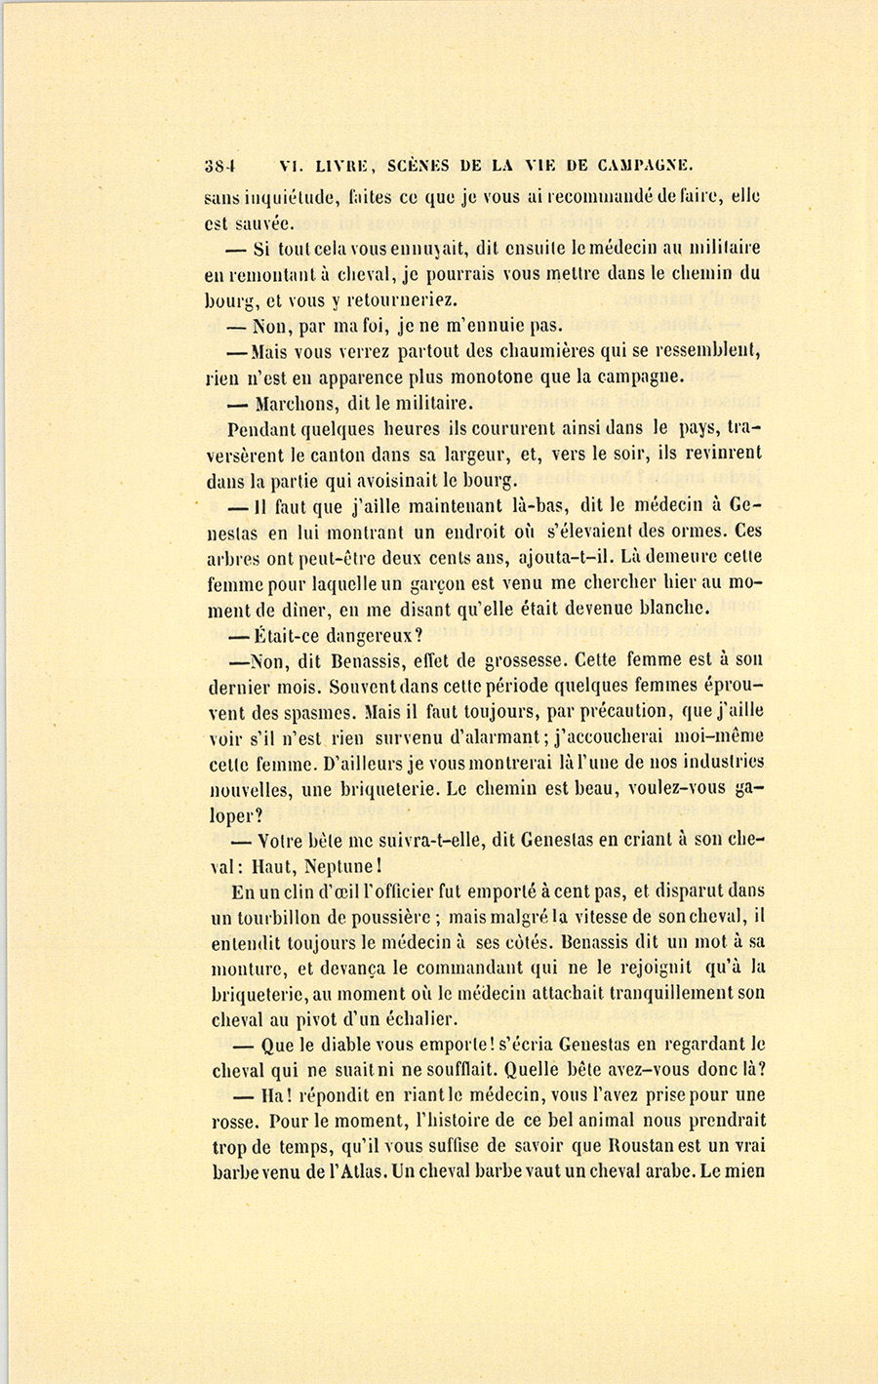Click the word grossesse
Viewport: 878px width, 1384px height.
tap(515, 659)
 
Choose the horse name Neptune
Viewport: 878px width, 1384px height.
tap(333, 865)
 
